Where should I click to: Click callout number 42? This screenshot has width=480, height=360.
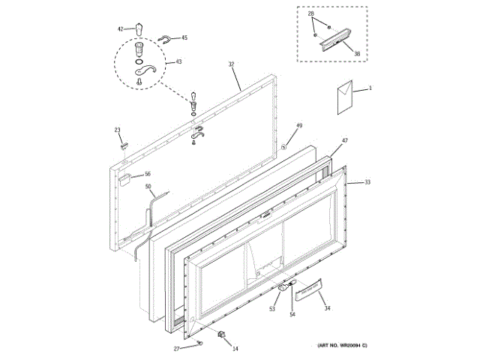119,28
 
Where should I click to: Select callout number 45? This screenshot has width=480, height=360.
184,37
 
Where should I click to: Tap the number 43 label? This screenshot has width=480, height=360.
177,61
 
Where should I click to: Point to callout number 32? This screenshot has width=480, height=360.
232,65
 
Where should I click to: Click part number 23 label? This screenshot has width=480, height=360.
118,130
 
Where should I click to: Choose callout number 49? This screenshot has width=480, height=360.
299,125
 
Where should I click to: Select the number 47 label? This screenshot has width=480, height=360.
345,141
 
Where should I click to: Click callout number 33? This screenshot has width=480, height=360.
367,182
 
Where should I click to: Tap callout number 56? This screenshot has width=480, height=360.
148,174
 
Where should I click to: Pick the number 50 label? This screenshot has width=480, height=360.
148,186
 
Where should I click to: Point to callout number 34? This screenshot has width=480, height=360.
326,307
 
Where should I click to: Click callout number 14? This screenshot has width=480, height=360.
235,349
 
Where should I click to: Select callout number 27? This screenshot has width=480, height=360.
177,349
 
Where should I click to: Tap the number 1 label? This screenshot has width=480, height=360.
370,88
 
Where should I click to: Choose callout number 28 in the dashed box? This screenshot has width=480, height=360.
311,14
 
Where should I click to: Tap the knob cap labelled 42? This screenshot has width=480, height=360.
139,28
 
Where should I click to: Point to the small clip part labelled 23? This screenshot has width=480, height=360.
125,142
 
